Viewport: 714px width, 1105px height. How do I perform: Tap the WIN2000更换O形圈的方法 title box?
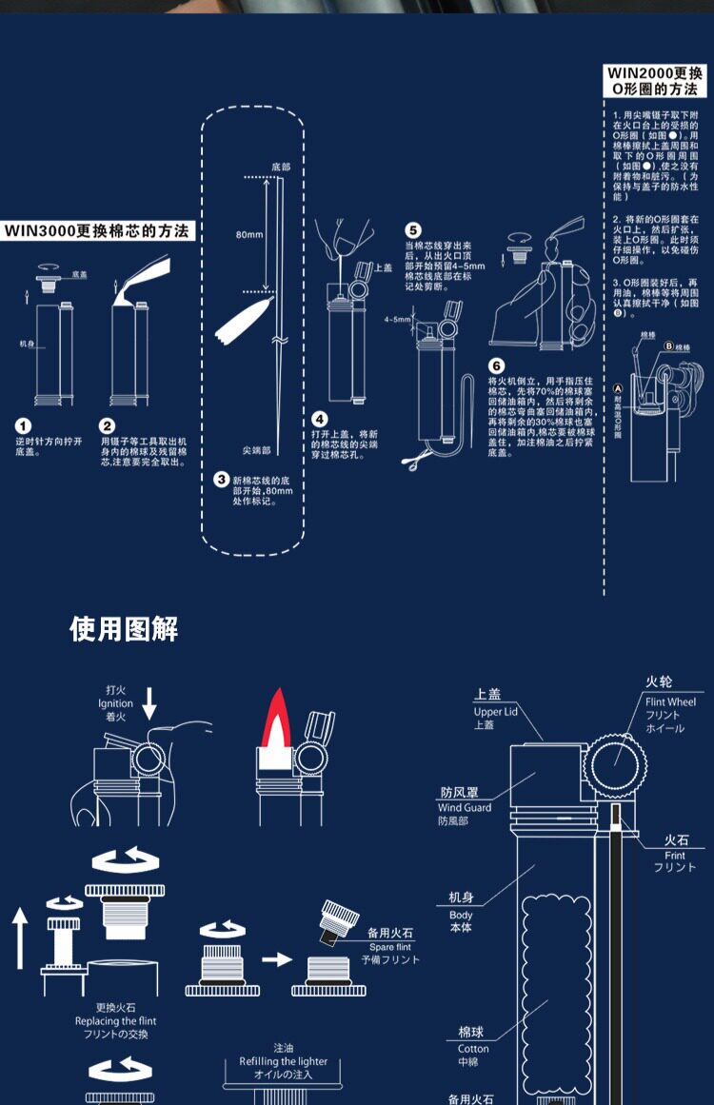click(x=657, y=81)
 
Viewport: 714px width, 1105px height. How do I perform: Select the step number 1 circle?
click(x=24, y=426)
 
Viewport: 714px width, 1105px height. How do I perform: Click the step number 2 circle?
click(x=109, y=426)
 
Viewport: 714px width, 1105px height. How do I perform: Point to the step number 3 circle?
click(x=221, y=479)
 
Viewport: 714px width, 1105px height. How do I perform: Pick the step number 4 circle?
click(x=320, y=418)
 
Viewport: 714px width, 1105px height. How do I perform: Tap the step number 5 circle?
click(x=413, y=230)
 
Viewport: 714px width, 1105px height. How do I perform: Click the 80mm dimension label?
click(x=249, y=233)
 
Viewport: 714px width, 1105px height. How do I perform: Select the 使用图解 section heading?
click(x=124, y=629)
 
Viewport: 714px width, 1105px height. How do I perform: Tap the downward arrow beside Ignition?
click(x=149, y=704)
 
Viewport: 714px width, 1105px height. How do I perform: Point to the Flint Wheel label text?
click(x=670, y=702)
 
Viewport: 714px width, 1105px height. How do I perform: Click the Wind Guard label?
click(x=464, y=807)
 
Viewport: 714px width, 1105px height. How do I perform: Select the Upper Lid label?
click(x=495, y=711)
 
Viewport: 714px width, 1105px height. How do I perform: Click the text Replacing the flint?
click(x=116, y=1021)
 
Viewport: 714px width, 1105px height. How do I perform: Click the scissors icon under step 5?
click(x=410, y=463)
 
